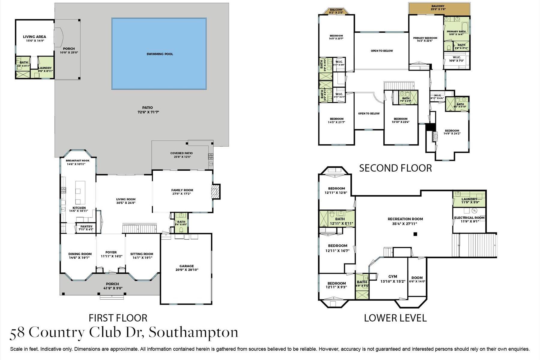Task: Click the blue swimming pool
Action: pyautogui.click(x=159, y=54)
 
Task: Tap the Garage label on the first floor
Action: pyautogui.click(x=187, y=266)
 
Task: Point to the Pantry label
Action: pyautogui.click(x=86, y=226)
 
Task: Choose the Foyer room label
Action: pyautogui.click(x=111, y=252)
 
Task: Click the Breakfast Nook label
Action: pyautogui.click(x=78, y=161)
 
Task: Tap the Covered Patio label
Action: pyautogui.click(x=181, y=153)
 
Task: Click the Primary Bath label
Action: pyautogui.click(x=456, y=31)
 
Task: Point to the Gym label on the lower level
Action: pyautogui.click(x=393, y=277)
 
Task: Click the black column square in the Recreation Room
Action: pyautogui.click(x=415, y=234)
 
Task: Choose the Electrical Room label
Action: pyautogui.click(x=469, y=218)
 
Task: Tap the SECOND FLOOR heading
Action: pyautogui.click(x=395, y=168)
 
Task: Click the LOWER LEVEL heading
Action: pyautogui.click(x=395, y=318)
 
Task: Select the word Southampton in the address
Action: pyautogui.click(x=193, y=333)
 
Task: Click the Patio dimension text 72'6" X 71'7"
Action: pyautogui.click(x=148, y=112)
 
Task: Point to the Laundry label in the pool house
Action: pyautogui.click(x=45, y=68)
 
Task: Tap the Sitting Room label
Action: pyautogui.click(x=142, y=254)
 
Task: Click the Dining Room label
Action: pyautogui.click(x=80, y=254)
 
